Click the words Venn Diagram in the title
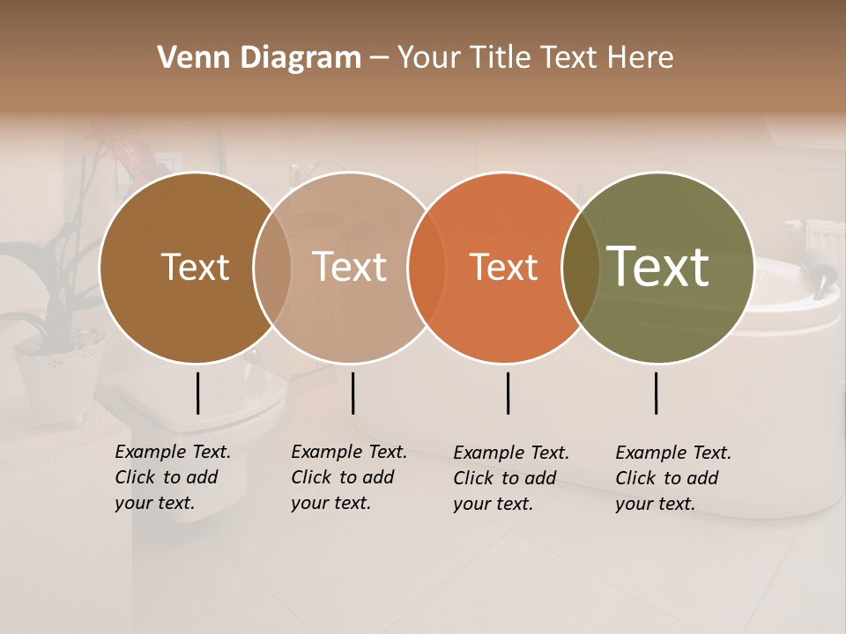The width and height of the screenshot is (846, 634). click(259, 58)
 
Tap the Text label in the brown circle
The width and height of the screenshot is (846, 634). click(195, 268)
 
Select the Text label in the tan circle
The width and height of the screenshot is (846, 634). click(350, 268)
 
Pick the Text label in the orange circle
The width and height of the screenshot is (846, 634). click(503, 268)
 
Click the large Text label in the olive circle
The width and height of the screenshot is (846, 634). click(658, 267)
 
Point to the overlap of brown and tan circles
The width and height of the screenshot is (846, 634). click(272, 268)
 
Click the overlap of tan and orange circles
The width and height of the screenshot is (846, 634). click(426, 268)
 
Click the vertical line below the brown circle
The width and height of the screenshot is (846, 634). click(197, 393)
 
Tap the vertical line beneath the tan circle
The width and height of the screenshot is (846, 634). click(352, 393)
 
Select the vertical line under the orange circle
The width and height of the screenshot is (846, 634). click(508, 393)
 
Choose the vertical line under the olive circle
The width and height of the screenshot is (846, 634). click(656, 393)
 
